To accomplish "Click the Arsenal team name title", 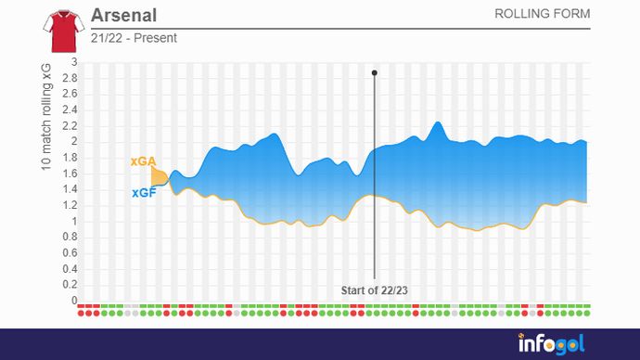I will tap(124, 16).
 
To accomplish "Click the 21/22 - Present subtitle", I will tap(134, 38).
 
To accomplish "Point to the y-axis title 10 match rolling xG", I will tap(45, 117).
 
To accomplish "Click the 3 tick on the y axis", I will tap(74, 62).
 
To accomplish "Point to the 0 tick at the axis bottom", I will tap(74, 301).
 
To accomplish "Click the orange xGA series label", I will tap(142, 161).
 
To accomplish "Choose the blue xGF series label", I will tap(142, 193).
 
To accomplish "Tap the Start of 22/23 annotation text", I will tap(375, 289).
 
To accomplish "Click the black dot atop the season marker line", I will tap(375, 72).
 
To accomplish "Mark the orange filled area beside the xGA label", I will tap(158, 175).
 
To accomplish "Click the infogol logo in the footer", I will tap(551, 344).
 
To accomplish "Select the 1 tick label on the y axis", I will tap(74, 222).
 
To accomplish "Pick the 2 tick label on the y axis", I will tap(74, 142).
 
